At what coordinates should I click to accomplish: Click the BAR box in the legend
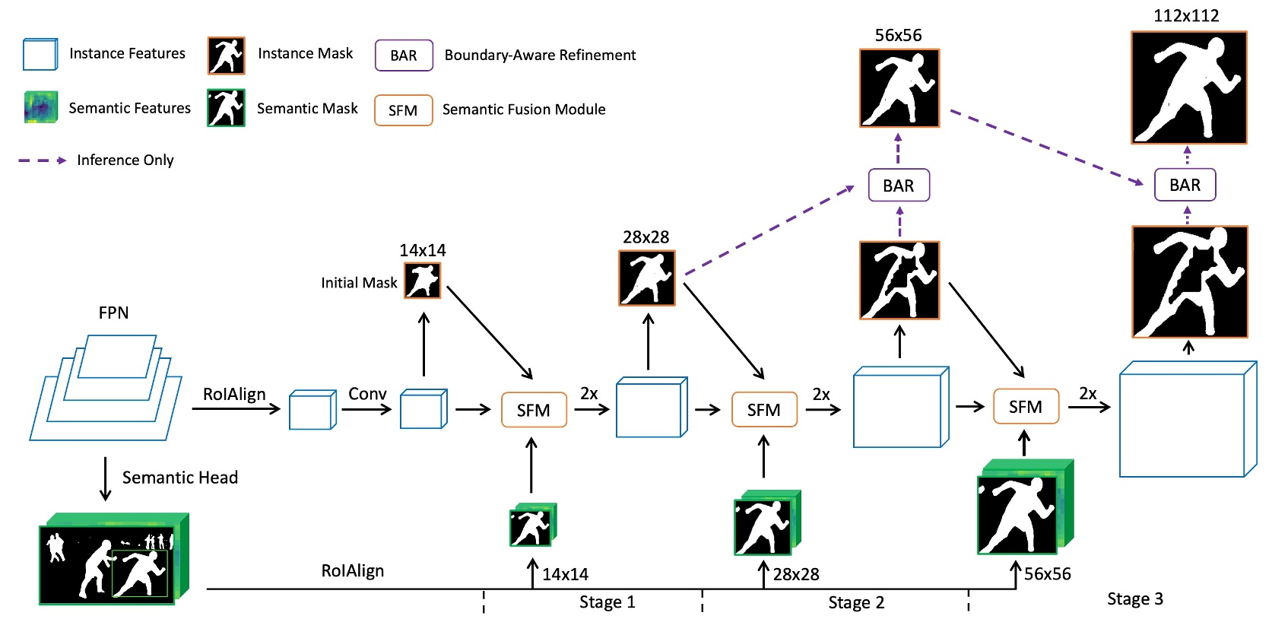coord(404,56)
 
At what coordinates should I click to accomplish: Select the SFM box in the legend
coord(403,110)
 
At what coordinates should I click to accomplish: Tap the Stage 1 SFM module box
coord(534,410)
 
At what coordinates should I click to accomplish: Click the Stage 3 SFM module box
coord(1025,407)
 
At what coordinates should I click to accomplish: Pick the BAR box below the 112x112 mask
coord(1185,185)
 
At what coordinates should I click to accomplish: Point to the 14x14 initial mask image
coord(423,281)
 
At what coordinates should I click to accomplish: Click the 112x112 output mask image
coord(1188,87)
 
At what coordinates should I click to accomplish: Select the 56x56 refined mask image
coord(899,88)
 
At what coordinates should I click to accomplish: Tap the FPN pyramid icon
coord(106,388)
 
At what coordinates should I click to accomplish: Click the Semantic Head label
coord(179,478)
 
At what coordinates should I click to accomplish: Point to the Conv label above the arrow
coord(367,394)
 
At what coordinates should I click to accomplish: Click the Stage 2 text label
coord(856,603)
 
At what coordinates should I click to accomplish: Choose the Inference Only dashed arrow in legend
coord(43,160)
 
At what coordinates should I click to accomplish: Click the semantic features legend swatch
coord(40,107)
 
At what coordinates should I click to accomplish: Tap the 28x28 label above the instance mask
coord(646,237)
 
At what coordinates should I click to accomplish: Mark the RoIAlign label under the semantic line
coord(352,571)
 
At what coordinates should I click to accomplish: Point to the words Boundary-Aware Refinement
coord(540,56)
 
